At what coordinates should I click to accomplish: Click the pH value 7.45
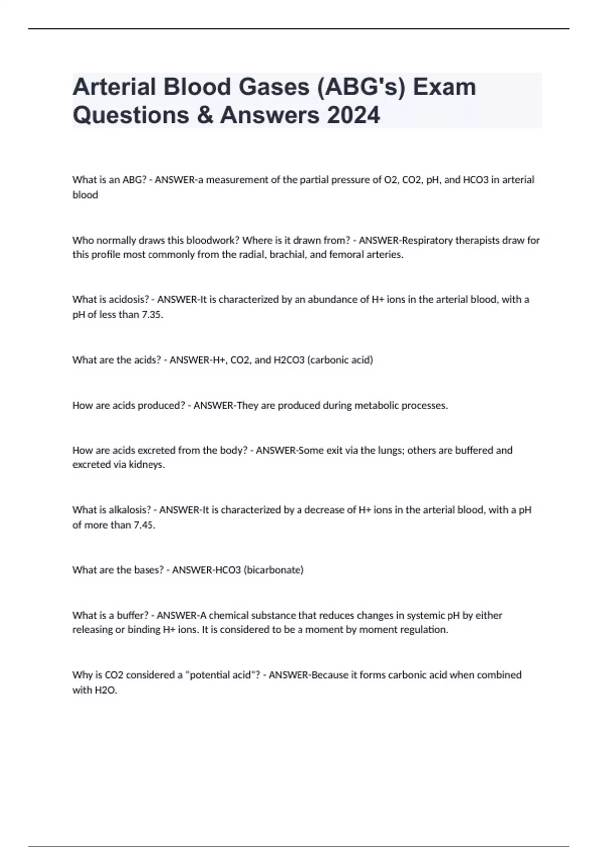(144, 525)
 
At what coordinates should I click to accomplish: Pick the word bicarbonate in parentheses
(274, 570)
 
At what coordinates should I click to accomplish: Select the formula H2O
(105, 690)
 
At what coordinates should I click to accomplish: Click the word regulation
(425, 630)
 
